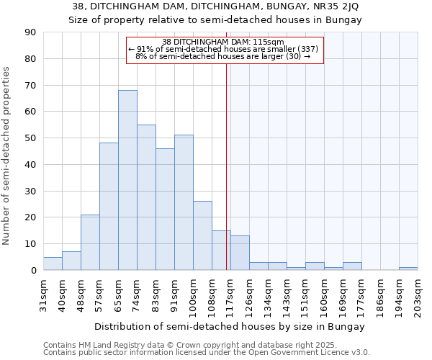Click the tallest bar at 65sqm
127,180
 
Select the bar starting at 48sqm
90,243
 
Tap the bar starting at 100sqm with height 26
202,235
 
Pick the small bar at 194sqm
408,269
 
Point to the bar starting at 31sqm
53,264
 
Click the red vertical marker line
227,166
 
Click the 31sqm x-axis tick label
43,295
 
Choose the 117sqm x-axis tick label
230,295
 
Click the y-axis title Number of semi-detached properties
6,155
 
